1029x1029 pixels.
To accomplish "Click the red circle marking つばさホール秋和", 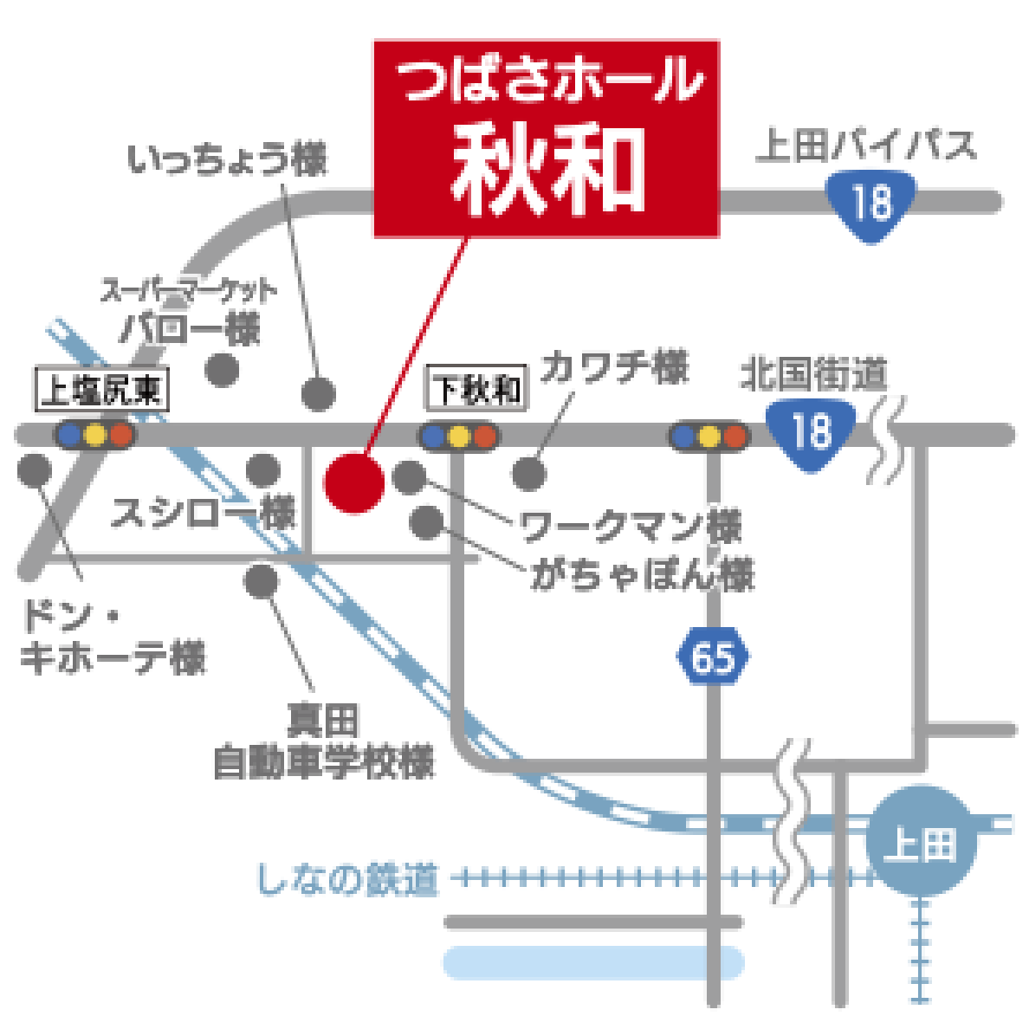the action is (353, 483).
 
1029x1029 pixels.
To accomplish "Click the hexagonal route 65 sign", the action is (713, 659).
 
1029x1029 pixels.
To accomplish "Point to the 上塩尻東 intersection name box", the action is (102, 391).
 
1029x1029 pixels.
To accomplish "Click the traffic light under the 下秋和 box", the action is (459, 434).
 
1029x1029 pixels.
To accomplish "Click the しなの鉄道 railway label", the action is (346, 881).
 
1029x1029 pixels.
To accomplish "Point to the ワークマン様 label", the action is (631, 526).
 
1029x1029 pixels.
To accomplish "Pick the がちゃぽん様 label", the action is (642, 574).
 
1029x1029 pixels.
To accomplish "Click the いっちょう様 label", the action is (228, 162).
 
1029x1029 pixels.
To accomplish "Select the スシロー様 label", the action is (203, 514).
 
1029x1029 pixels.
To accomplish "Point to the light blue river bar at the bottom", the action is (593, 962).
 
